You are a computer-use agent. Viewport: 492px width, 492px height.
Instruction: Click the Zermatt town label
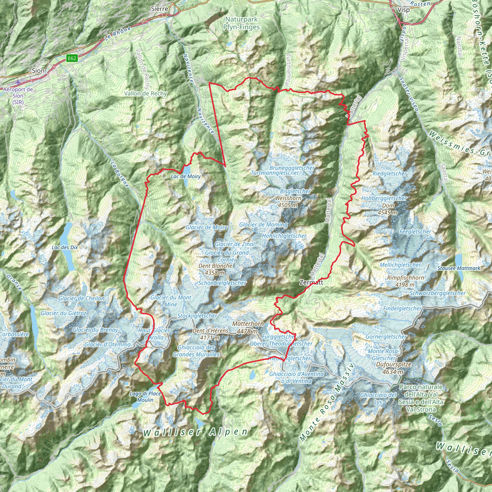pyautogui.click(x=311, y=283)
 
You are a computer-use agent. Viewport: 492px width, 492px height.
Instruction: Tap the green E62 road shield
pyautogui.click(x=72, y=58)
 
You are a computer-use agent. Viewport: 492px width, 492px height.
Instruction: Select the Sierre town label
pyautogui.click(x=160, y=9)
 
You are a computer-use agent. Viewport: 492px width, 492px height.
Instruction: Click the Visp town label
pyautogui.click(x=404, y=10)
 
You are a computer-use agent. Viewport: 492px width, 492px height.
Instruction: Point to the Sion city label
pyautogui.click(x=38, y=71)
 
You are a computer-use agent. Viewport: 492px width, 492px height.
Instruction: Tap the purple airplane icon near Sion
pyautogui.click(x=18, y=82)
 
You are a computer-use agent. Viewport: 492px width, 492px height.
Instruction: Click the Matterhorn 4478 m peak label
pyautogui.click(x=248, y=327)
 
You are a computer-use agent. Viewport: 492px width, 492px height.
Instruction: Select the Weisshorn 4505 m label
pyautogui.click(x=288, y=201)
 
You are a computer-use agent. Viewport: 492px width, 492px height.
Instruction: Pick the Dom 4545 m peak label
pyautogui.click(x=387, y=209)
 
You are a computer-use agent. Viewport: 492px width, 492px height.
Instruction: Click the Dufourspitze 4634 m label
pyautogui.click(x=394, y=368)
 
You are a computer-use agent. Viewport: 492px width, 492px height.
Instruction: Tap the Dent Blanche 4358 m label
pyautogui.click(x=215, y=269)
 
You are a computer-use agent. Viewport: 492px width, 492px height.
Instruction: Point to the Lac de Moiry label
pyautogui.click(x=186, y=177)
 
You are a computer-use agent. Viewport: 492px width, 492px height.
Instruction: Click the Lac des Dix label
pyautogui.click(x=65, y=247)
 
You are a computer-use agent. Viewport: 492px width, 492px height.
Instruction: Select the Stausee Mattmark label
pyautogui.click(x=459, y=268)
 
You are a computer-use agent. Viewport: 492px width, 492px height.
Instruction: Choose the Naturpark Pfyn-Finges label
pyautogui.click(x=241, y=23)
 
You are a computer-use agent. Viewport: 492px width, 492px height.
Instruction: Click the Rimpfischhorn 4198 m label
pyautogui.click(x=406, y=281)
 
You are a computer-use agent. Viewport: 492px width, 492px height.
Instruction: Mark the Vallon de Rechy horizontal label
pyautogui.click(x=145, y=93)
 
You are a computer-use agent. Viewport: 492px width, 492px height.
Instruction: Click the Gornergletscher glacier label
pyautogui.click(x=386, y=337)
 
